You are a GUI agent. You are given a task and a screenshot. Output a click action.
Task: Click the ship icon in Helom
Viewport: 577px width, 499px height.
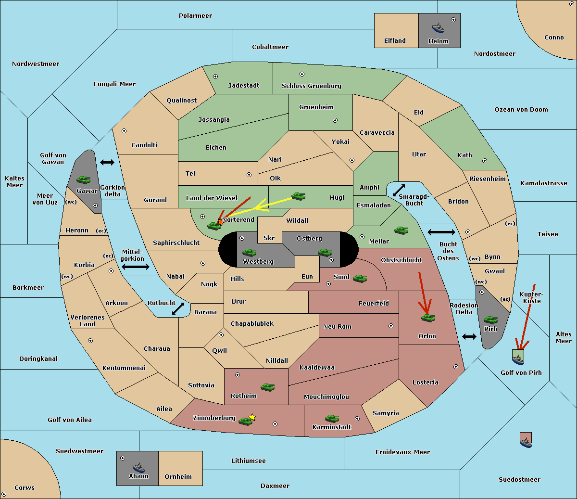tap(438, 28)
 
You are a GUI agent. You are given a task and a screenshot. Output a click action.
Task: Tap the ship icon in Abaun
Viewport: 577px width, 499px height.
tap(138, 467)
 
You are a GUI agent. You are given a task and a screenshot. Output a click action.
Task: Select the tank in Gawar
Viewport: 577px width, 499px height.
tap(84, 179)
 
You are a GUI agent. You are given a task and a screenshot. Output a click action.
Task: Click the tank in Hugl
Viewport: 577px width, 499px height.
tap(298, 196)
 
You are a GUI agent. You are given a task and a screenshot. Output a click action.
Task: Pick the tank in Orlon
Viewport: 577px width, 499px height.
tap(428, 318)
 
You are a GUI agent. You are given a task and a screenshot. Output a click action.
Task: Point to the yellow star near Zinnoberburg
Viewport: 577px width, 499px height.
tap(252, 417)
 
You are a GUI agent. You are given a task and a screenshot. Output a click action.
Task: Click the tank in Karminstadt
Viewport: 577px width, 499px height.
tap(332, 418)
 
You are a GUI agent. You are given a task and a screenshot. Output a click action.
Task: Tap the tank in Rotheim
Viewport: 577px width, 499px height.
tap(267, 387)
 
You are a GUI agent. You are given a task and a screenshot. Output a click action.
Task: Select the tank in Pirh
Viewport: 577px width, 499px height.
tap(490, 320)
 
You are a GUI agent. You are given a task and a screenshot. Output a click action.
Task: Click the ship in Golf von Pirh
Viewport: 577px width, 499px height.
tap(518, 359)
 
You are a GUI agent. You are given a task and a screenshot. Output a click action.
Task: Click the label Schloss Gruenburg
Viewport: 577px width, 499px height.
tap(311, 86)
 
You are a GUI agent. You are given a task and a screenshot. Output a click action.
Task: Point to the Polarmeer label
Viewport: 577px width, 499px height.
tap(195, 16)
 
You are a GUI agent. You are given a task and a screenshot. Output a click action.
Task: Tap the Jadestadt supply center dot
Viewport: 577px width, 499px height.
tap(215, 77)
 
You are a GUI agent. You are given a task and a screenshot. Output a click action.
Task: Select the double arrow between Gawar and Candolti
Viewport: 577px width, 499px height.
tap(107, 162)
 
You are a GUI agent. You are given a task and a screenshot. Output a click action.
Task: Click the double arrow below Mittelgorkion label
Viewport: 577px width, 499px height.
tap(136, 267)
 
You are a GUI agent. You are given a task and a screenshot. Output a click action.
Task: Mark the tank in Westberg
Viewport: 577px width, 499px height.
tap(249, 252)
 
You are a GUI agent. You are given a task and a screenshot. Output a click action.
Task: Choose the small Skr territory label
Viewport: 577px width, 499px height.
tap(269, 238)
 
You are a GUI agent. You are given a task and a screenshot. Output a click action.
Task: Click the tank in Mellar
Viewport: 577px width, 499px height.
tap(401, 230)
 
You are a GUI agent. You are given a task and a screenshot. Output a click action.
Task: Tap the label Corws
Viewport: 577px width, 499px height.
tap(25, 487)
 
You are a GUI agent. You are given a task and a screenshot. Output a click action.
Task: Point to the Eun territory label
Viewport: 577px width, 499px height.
tap(307, 276)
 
